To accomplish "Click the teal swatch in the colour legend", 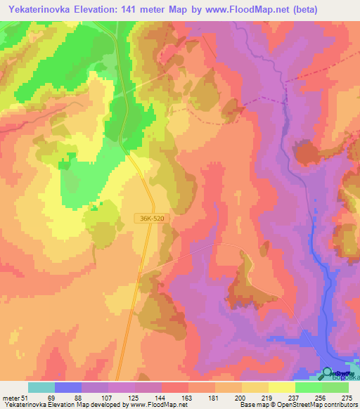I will click(41, 387).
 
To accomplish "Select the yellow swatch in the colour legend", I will click(255, 387).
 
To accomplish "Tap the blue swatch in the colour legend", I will click(68, 387).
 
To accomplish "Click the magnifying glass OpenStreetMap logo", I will click(328, 374).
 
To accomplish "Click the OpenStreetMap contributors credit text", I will click(323, 405).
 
